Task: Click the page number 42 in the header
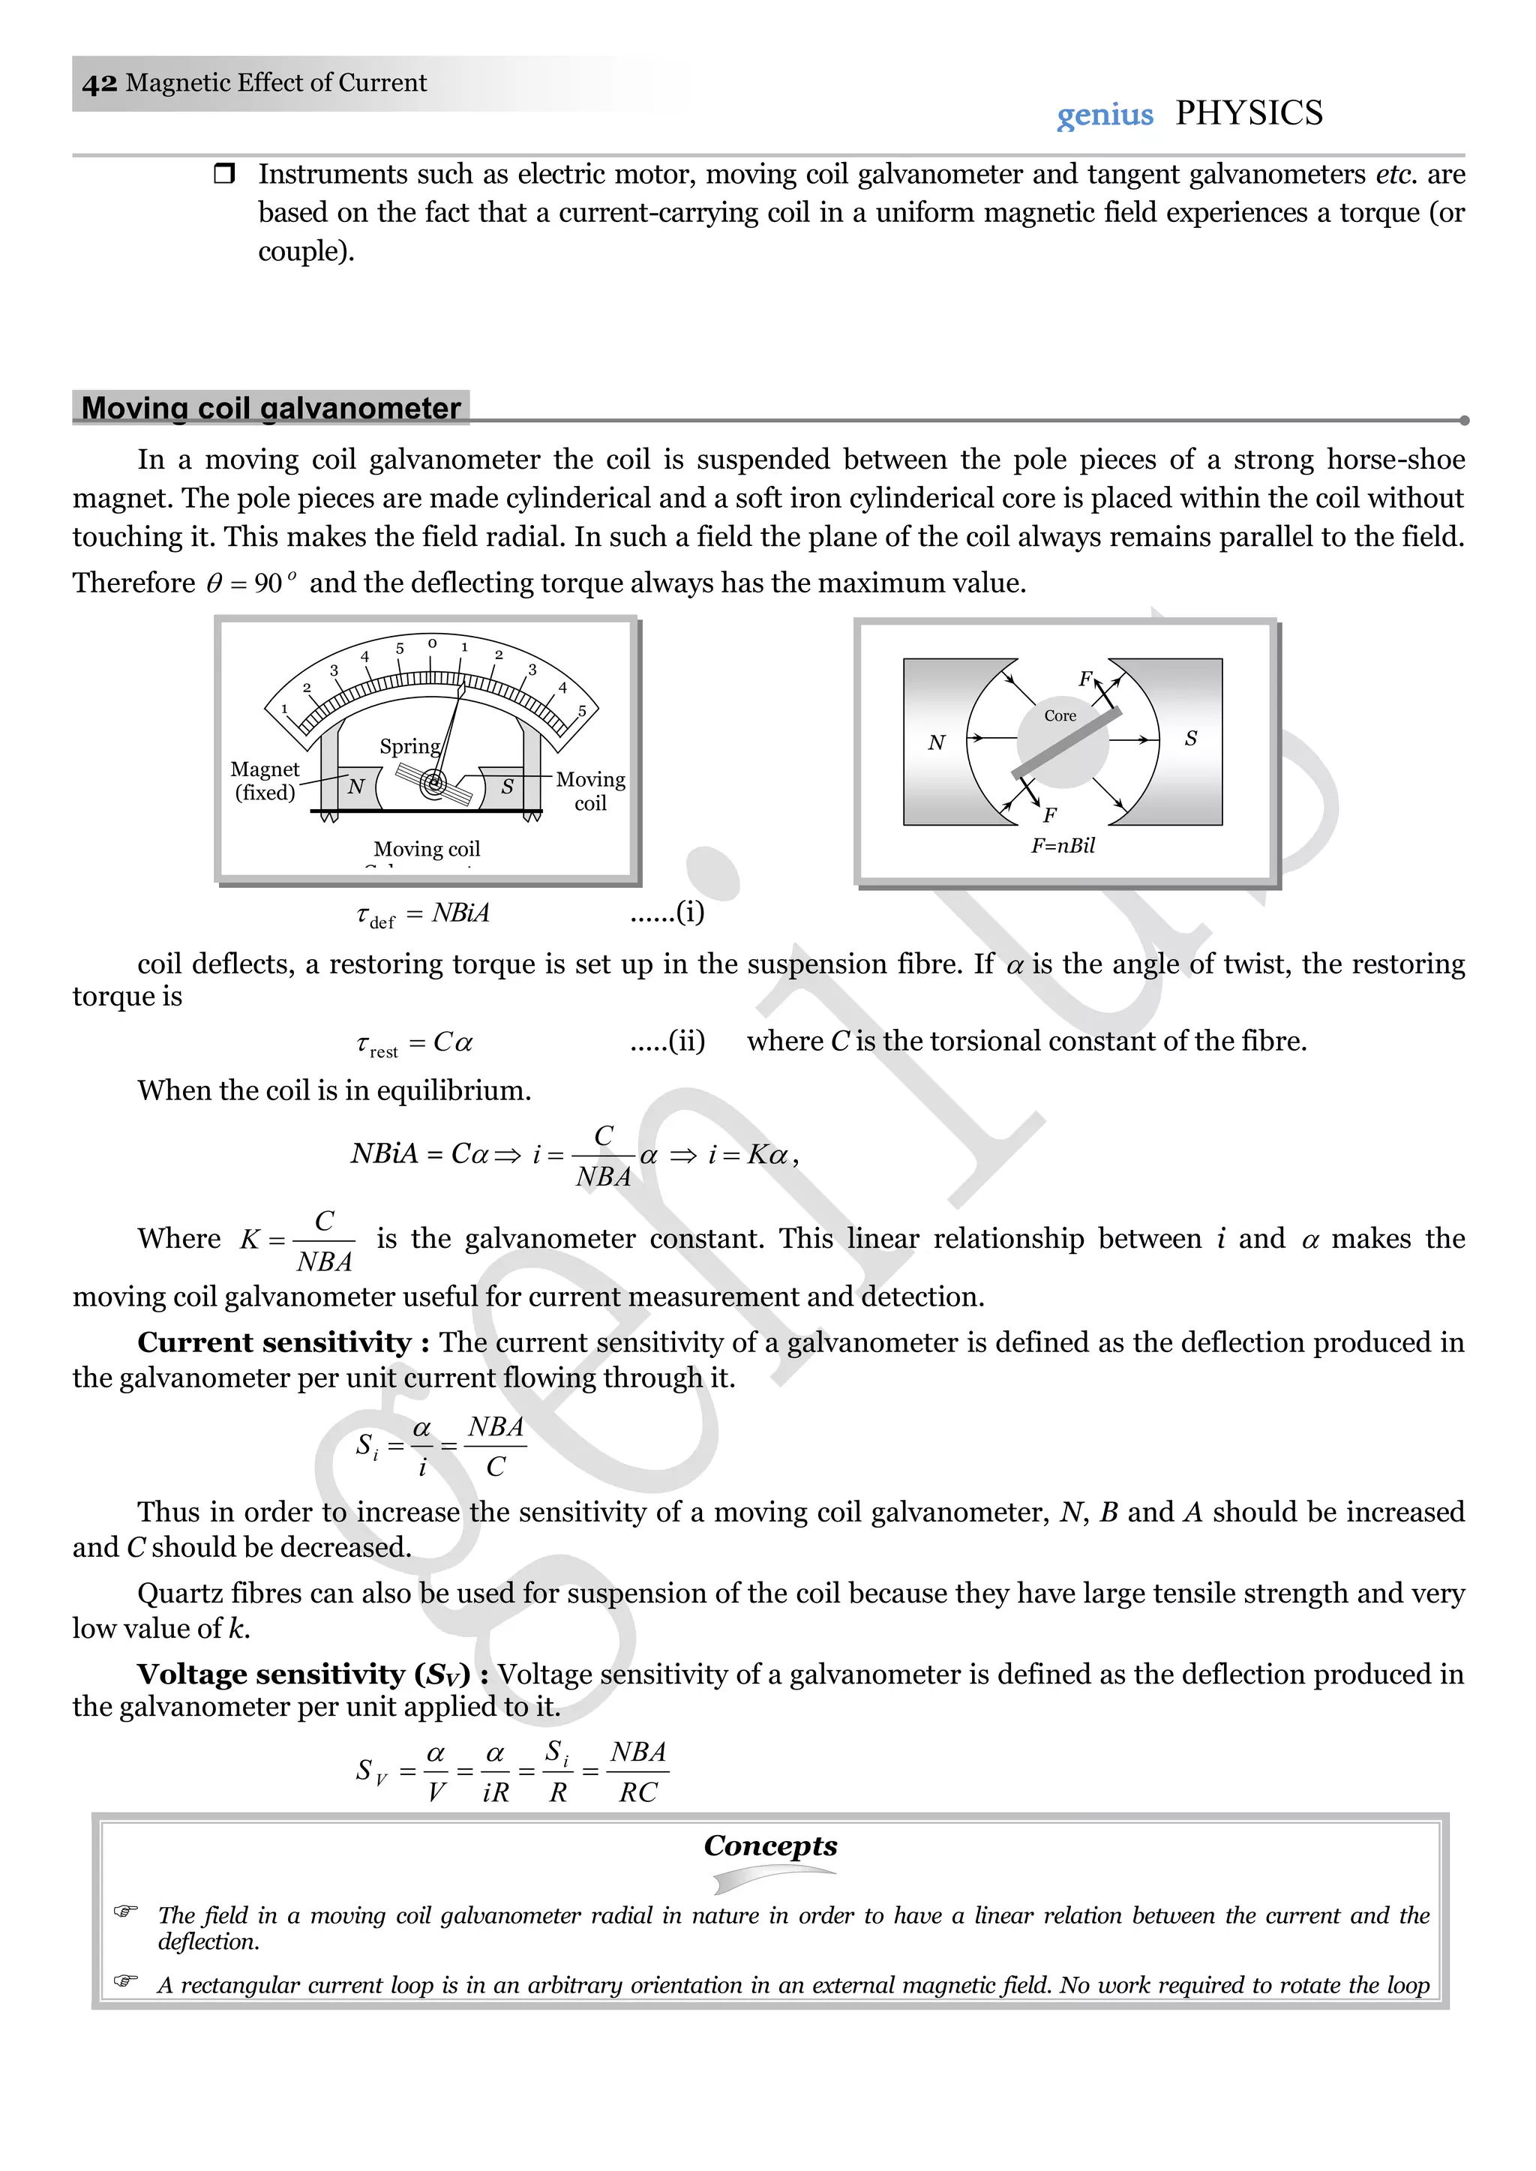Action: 99,83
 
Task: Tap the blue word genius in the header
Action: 1104,115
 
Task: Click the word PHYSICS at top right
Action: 1249,112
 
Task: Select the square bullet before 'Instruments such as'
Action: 224,174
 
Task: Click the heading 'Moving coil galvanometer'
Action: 271,407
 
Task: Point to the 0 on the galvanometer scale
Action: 432,643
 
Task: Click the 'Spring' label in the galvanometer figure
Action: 409,746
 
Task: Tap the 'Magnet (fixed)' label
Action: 265,781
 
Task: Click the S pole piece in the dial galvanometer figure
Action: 507,786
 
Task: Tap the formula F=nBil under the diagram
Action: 1062,845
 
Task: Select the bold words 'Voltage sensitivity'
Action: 271,1674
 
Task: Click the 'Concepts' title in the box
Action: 770,1845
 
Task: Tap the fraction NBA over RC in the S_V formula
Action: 638,1772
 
